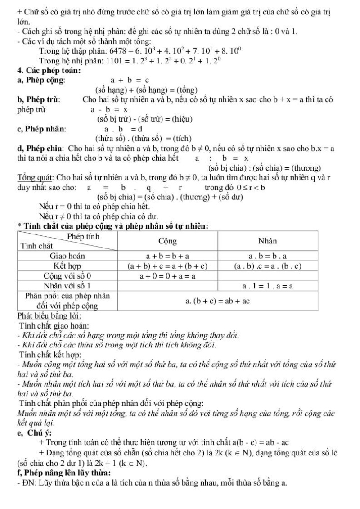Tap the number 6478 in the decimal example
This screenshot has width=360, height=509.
(113, 52)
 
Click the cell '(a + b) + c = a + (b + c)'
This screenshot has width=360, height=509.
(167, 266)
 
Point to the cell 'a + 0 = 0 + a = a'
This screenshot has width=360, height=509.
(167, 275)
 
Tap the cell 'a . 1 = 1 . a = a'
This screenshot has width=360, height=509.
(268, 286)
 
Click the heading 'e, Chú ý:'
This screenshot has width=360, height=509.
(34, 433)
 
